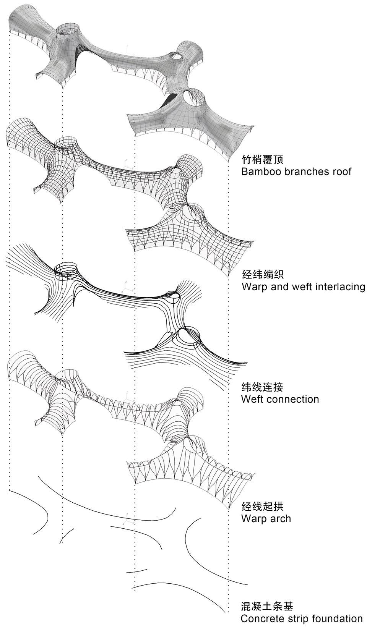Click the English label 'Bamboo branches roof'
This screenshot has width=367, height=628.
(x=296, y=171)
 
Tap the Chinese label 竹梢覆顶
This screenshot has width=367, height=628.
(x=262, y=159)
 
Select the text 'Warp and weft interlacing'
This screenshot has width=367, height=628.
(x=303, y=286)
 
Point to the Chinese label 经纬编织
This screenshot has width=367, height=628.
(x=262, y=274)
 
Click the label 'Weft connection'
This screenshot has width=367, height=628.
(x=280, y=399)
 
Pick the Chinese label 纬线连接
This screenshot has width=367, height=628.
(x=262, y=387)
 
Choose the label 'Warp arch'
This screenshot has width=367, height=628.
(x=266, y=519)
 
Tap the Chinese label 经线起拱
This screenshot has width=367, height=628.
(x=262, y=507)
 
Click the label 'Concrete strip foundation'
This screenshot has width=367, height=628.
(x=302, y=618)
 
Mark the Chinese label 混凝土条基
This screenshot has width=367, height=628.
(x=267, y=606)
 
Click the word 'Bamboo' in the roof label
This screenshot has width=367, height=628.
(x=259, y=171)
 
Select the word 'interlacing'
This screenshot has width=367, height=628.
(x=340, y=286)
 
